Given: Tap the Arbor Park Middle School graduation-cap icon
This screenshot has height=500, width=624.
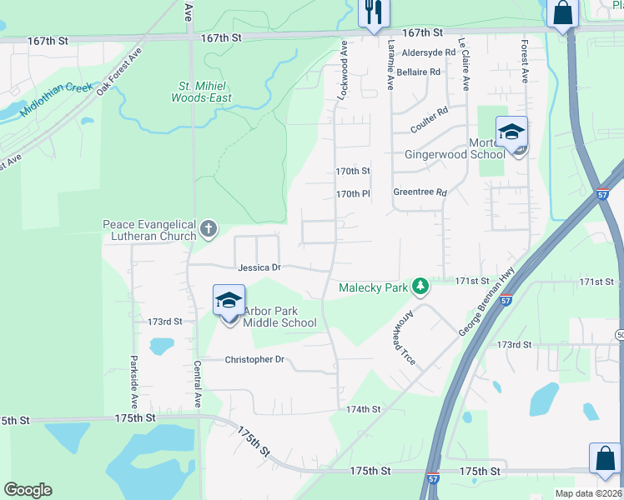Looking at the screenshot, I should coord(229,302).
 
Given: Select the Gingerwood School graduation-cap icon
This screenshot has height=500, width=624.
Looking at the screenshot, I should coord(511,132).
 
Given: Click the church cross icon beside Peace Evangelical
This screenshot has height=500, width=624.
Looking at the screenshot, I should coord(209,227).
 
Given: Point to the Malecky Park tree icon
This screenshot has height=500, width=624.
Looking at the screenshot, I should coord(420,287).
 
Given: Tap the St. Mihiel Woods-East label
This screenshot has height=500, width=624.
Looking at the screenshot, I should coord(201,92).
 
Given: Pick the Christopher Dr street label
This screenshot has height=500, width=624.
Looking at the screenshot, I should coord(255,360).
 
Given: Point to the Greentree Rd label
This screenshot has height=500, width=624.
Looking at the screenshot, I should coord(420,192).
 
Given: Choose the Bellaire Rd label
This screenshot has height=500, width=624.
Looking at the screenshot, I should coord(419,72).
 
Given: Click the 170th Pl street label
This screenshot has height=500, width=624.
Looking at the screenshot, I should coord(353,193).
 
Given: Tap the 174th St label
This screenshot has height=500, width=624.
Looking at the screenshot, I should coord(364,409).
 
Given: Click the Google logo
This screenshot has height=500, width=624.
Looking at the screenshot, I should coord(28,490).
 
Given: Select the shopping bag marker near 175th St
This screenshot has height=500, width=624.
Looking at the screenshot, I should coord(604,457).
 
